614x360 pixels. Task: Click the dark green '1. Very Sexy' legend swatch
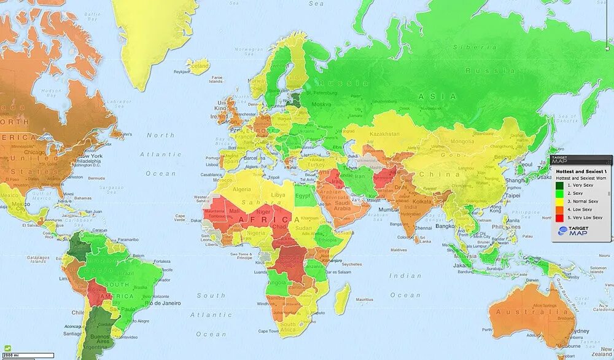click(560, 184)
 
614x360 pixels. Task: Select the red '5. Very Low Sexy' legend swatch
click(560, 217)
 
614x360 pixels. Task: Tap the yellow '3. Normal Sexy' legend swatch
click(560, 201)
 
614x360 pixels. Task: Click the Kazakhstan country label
click(385, 133)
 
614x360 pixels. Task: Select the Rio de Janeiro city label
click(162, 303)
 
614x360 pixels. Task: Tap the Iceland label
click(200, 63)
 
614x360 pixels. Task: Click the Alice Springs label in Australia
click(545, 305)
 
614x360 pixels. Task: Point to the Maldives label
click(399, 249)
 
